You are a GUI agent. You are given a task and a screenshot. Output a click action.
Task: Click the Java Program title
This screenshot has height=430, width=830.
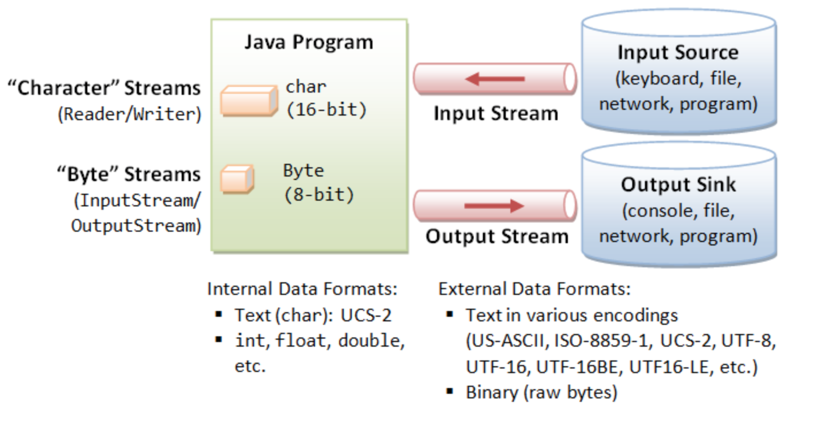tap(309, 42)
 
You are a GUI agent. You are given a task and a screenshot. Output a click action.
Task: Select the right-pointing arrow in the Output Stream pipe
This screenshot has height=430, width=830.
tap(494, 206)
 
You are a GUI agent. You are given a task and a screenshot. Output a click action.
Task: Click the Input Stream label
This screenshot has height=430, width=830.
tap(495, 113)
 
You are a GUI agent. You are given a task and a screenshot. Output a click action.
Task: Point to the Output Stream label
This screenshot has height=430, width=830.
tap(497, 236)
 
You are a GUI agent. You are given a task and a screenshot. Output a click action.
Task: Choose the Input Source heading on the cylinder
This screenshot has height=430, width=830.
tap(678, 52)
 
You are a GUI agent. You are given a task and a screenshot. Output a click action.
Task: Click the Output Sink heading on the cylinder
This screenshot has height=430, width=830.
tap(678, 185)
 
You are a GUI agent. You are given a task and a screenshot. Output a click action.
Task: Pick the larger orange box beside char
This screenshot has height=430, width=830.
tap(249, 101)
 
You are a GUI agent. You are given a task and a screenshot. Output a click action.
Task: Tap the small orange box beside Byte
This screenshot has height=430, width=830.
tap(237, 179)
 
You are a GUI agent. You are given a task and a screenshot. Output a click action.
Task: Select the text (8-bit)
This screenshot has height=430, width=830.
tap(319, 195)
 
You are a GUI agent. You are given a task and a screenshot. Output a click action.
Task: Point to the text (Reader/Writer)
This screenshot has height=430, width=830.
tap(129, 114)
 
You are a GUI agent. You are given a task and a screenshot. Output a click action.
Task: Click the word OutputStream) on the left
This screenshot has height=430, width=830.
tap(136, 226)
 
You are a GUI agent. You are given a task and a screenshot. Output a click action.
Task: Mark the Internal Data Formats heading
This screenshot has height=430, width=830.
tap(302, 289)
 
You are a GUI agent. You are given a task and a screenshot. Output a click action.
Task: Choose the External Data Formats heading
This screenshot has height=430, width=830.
tap(535, 289)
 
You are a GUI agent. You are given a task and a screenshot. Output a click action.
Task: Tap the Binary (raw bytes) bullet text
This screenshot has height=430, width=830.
tap(541, 393)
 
